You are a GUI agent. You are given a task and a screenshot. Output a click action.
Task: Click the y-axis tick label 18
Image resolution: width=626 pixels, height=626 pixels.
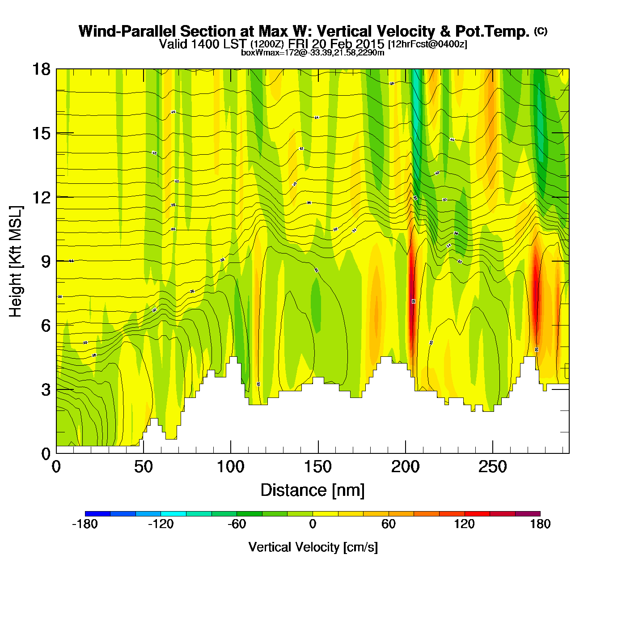[41, 69]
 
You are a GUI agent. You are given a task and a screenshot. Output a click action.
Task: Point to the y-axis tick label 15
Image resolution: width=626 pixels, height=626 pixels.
[41, 133]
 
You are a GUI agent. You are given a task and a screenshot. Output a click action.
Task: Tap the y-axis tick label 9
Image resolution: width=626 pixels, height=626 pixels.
[46, 262]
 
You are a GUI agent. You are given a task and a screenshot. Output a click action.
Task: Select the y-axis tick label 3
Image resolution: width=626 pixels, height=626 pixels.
[46, 390]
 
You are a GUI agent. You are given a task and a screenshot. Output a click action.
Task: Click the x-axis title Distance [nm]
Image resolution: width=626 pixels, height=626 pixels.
[313, 491]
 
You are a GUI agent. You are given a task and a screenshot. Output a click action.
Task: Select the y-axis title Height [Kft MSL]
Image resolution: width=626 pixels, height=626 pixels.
[16, 262]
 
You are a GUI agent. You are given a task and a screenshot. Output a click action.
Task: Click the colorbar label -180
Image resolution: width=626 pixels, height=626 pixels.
[85, 524]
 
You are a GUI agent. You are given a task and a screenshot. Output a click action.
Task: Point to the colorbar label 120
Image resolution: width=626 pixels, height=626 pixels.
[464, 524]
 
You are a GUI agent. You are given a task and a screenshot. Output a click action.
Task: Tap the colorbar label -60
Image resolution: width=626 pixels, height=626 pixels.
[237, 524]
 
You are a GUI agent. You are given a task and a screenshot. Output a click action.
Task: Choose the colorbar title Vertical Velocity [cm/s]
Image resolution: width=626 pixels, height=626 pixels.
[313, 547]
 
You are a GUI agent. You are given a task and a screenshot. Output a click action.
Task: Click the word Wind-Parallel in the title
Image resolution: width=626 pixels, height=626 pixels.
[128, 32]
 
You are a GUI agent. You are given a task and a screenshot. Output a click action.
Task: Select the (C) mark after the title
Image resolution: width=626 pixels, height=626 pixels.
[541, 31]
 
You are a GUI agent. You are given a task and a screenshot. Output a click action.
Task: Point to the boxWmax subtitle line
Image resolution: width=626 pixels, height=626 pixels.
[313, 53]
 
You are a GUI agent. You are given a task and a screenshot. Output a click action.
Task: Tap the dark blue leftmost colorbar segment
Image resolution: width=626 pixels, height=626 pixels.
[97, 514]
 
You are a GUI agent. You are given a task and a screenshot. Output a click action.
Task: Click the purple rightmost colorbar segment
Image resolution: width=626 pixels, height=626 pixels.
[528, 514]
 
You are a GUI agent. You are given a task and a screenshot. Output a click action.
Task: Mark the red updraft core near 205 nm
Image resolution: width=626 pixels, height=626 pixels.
[411, 304]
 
